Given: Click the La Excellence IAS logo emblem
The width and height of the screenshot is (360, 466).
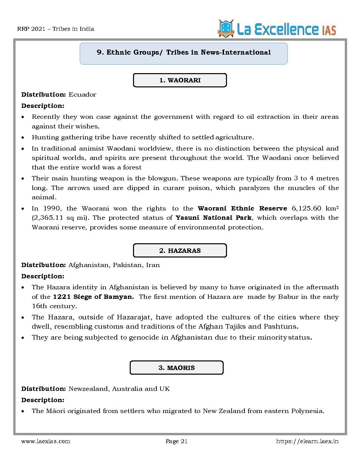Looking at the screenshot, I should click(x=226, y=28).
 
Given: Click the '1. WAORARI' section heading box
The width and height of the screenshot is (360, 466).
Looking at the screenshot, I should click(x=180, y=80).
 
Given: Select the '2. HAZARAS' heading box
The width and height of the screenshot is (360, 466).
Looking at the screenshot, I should click(x=180, y=251).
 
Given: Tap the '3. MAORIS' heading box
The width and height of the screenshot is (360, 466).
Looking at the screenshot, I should click(x=176, y=368).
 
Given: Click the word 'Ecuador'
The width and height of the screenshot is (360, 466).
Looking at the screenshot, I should click(x=82, y=95).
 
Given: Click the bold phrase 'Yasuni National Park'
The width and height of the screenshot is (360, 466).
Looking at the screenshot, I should click(x=213, y=218).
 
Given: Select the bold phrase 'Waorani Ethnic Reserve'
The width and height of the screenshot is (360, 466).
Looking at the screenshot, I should click(x=242, y=209).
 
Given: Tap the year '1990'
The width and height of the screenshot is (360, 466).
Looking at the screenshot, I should click(x=52, y=209).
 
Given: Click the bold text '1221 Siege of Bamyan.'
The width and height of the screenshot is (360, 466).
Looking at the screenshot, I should click(x=93, y=297).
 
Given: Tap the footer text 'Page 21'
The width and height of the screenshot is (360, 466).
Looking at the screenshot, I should click(x=176, y=441).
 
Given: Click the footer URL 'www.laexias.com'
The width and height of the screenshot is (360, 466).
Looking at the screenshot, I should click(x=46, y=441).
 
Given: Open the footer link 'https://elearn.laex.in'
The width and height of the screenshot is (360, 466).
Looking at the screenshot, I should click(x=307, y=441).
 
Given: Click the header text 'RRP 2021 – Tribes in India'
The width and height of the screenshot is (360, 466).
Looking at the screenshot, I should click(x=56, y=29).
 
